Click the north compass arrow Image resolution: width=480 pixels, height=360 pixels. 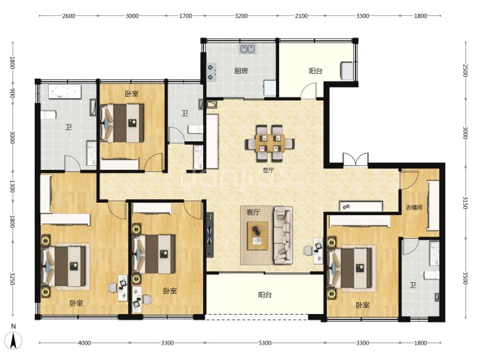pyautogui.click(x=13, y=341)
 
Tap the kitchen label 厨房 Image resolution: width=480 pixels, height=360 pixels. pyautogui.click(x=241, y=71)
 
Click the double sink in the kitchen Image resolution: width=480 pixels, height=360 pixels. pyautogui.click(x=248, y=49)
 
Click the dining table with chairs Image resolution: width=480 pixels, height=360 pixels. pyautogui.click(x=270, y=143)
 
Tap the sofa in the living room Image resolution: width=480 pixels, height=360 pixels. pyautogui.click(x=282, y=235)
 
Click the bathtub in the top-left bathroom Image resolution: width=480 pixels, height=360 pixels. pyautogui.click(x=65, y=92)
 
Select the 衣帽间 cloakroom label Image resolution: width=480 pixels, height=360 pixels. pyautogui.click(x=414, y=208)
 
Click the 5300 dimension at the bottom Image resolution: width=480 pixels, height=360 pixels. pyautogui.click(x=265, y=343)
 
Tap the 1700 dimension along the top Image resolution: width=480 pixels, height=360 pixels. pyautogui.click(x=186, y=16)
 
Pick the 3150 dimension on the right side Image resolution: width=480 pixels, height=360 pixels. pyautogui.click(x=465, y=203)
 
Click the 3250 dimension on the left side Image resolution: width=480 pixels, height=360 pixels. pyautogui.click(x=13, y=279)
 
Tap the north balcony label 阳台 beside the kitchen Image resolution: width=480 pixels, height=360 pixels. pyautogui.click(x=315, y=71)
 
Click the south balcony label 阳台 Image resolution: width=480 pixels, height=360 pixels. pyautogui.click(x=265, y=295)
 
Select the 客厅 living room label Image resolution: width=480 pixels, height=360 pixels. pyautogui.click(x=253, y=212)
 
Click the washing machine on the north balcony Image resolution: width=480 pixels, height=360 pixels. pyautogui.click(x=347, y=71)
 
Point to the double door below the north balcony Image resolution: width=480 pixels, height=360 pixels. pyautogui.click(x=355, y=159)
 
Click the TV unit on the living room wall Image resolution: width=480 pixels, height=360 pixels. pyautogui.click(x=210, y=235)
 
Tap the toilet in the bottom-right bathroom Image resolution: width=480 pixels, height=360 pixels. pyautogui.click(x=432, y=275)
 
